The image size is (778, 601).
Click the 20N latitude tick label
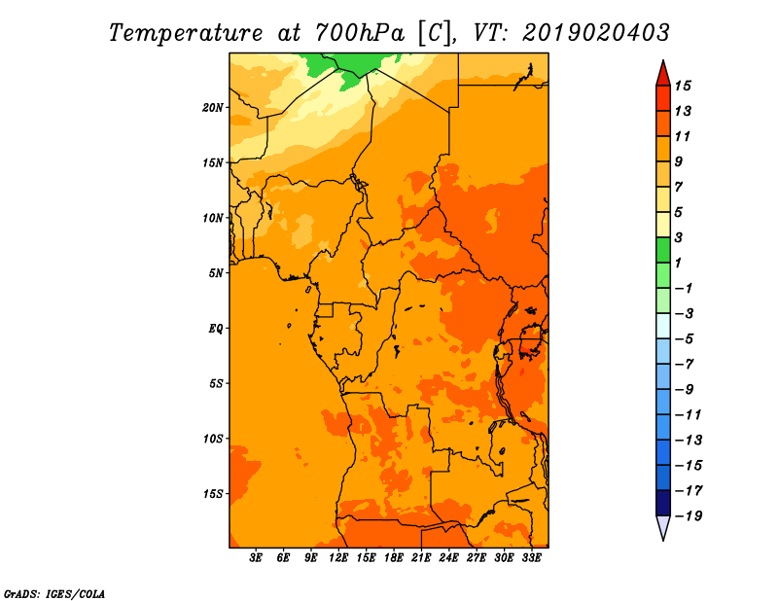[213, 108]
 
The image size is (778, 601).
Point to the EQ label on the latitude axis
[216, 329]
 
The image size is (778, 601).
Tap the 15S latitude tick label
[213, 494]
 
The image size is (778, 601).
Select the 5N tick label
[216, 273]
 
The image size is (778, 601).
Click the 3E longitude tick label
[256, 557]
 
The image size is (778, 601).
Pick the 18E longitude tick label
[394, 557]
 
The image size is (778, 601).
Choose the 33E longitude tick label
[531, 557]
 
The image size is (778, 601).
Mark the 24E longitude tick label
[448, 557]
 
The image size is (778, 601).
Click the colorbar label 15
[683, 86]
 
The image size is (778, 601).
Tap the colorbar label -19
[689, 516]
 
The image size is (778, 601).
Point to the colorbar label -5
[685, 339]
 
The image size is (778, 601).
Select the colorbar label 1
[678, 263]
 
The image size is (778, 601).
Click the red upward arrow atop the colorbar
[663, 74]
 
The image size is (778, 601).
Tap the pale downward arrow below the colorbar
[663, 527]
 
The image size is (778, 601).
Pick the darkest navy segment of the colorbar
[663, 503]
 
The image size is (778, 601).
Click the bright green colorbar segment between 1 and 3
[663, 250]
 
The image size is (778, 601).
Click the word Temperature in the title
[186, 33]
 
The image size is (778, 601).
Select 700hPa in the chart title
[360, 33]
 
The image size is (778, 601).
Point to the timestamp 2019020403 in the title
[596, 33]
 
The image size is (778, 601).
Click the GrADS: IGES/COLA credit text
[54, 594]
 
